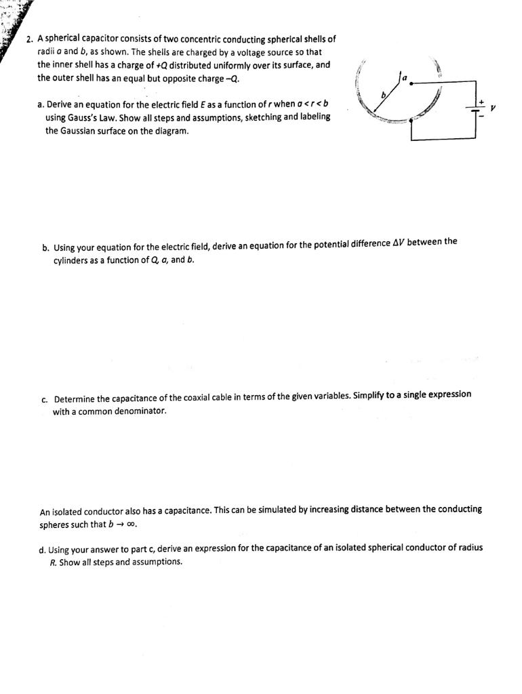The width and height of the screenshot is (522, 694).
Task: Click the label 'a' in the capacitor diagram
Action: [x=405, y=79]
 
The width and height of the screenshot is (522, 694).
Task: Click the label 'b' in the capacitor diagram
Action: [x=382, y=96]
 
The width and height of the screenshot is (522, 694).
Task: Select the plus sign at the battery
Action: [x=482, y=102]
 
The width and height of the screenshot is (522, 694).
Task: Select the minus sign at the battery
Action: [x=482, y=116]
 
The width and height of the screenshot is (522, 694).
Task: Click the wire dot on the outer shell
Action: [x=413, y=121]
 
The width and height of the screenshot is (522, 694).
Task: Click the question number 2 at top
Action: [x=29, y=39]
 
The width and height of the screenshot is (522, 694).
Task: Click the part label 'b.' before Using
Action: [x=45, y=247]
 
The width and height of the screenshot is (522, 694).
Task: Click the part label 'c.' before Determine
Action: [x=45, y=399]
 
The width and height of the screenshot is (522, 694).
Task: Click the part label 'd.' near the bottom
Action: [x=43, y=550]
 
